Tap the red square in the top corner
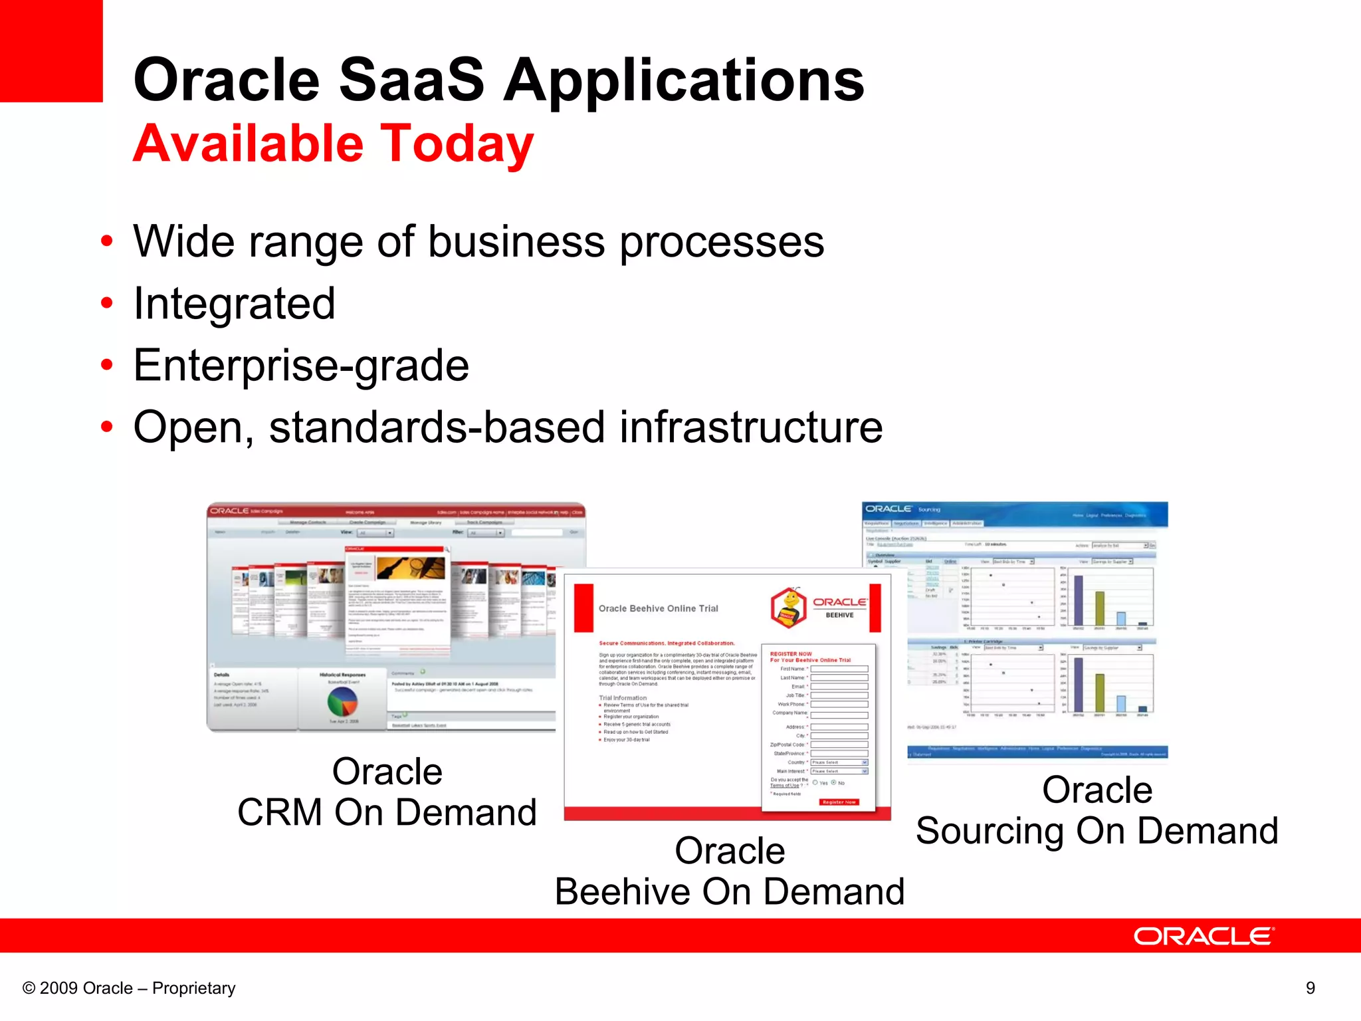coord(51,51)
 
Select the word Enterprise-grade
coord(301,366)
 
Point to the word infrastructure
coord(751,427)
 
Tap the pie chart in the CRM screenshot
coord(342,701)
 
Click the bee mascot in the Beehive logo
coord(789,606)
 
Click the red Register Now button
coord(839,802)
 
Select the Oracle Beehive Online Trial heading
coord(658,608)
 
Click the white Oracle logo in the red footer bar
coord(1203,936)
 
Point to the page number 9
coord(1310,988)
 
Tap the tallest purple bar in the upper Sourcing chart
coord(1079,600)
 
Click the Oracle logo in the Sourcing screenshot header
coord(888,509)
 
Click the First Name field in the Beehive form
coord(839,669)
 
